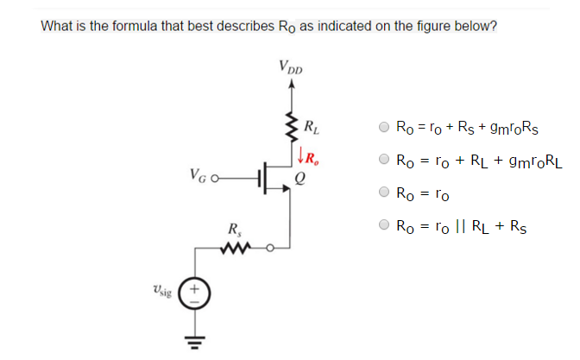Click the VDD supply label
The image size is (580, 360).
tap(291, 66)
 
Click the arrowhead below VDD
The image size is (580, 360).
tap(291, 85)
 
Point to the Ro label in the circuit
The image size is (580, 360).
tap(312, 158)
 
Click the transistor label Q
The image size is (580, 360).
tap(299, 180)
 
